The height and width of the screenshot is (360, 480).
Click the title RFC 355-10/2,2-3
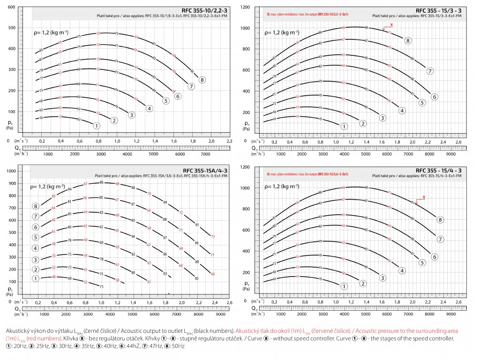[207, 10]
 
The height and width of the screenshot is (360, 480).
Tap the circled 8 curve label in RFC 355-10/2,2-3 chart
[202, 79]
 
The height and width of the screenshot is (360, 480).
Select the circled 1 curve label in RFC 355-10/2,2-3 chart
[97, 126]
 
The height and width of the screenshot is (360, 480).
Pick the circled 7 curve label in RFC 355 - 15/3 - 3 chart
[430, 71]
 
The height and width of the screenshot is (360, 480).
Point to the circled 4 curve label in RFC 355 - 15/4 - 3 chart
[402, 270]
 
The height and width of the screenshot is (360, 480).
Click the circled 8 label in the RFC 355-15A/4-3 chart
[36, 206]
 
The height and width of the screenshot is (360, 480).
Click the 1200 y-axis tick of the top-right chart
[245, 7]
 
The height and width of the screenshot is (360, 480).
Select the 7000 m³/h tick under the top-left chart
[204, 154]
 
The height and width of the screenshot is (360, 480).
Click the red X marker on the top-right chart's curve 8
[391, 24]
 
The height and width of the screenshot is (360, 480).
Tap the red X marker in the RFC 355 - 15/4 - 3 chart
[424, 197]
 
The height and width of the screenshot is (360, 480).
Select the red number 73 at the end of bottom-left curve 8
[213, 237]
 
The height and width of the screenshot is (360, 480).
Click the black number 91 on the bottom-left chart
[197, 225]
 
